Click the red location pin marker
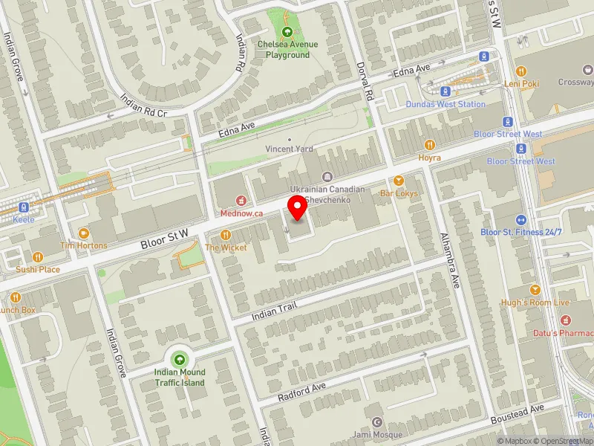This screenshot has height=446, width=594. [x=298, y=207]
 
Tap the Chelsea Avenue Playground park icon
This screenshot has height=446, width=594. [x=287, y=32]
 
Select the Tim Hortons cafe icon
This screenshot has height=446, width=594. [x=83, y=233]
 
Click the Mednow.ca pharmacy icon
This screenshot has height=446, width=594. [x=241, y=200]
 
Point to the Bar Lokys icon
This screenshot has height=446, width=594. [x=399, y=181]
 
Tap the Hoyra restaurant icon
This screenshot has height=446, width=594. [x=429, y=144]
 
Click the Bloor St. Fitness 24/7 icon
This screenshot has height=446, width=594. [x=521, y=219]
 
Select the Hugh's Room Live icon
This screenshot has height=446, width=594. [x=535, y=289]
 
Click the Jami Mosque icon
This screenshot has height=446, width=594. [x=376, y=422]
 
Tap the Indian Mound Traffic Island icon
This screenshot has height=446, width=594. [x=179, y=360]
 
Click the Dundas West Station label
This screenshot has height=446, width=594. [x=446, y=104]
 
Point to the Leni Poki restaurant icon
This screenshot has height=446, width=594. [x=521, y=71]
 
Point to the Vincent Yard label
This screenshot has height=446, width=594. [x=290, y=149]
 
